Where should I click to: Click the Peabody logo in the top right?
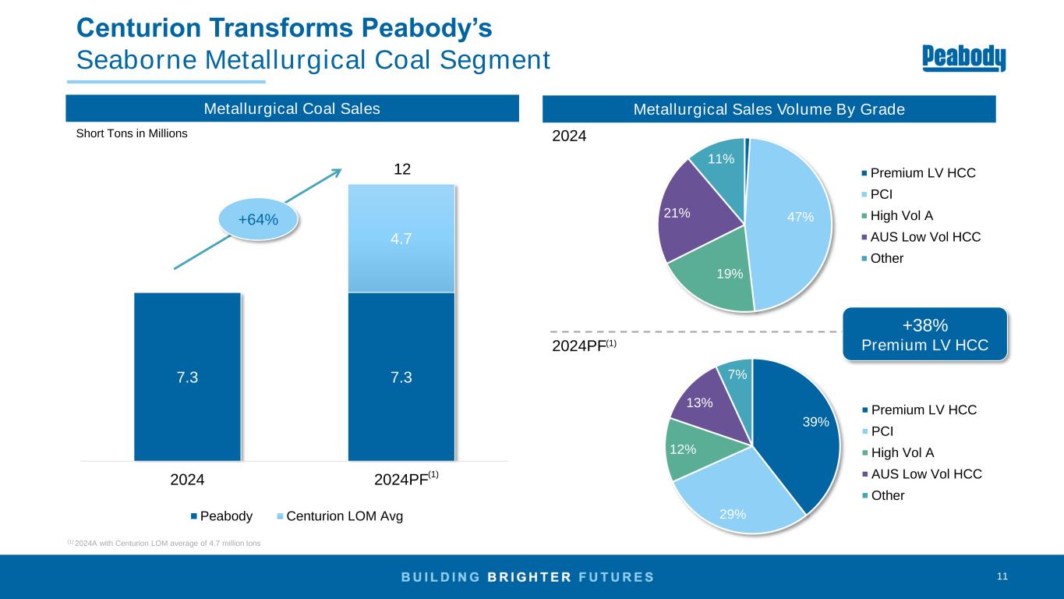(x=963, y=58)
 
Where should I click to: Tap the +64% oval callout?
(x=258, y=220)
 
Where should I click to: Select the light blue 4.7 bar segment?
(x=401, y=238)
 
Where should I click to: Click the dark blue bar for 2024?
(x=187, y=377)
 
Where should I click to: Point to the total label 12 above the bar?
(x=401, y=169)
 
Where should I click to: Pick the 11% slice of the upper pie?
(x=719, y=164)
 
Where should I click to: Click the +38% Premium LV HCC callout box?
(x=924, y=334)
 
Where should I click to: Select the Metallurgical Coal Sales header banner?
(x=292, y=109)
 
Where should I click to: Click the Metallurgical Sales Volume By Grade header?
(x=769, y=109)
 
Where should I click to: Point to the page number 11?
(x=1002, y=576)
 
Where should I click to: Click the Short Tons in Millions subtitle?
(x=132, y=133)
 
